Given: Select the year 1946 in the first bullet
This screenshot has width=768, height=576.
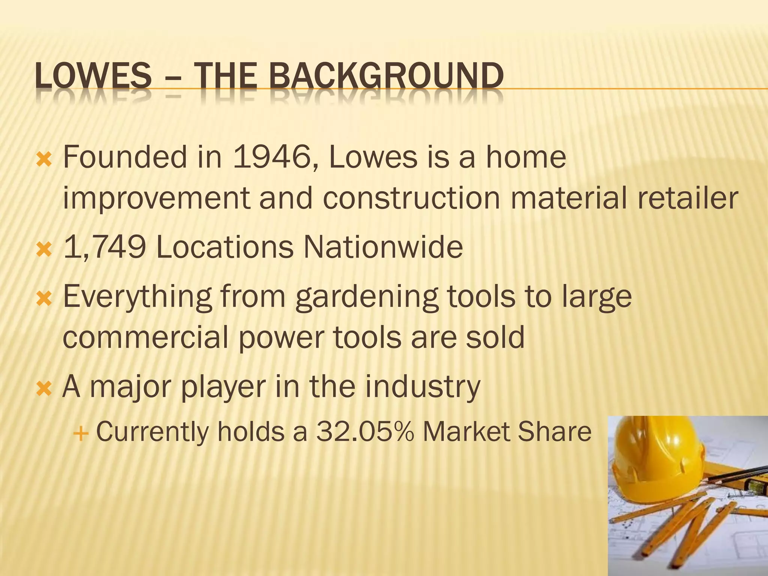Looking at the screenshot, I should [273, 157].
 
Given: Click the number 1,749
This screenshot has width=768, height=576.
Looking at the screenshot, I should [105, 247].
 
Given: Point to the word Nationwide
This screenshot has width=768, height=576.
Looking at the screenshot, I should [383, 247].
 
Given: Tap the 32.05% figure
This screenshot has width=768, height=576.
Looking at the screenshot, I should [364, 432].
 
